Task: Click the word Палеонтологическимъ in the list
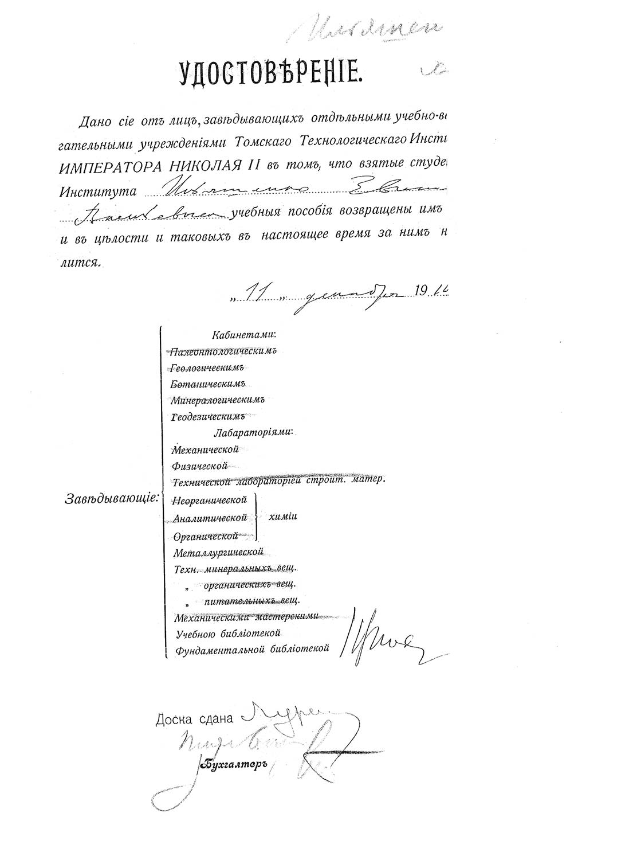click(224, 350)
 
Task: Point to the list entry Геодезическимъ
click(209, 416)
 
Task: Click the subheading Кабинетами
click(243, 334)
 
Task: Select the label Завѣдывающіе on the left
click(112, 498)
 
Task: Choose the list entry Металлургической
click(218, 552)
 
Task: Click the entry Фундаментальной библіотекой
click(252, 649)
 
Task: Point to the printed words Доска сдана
click(195, 720)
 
